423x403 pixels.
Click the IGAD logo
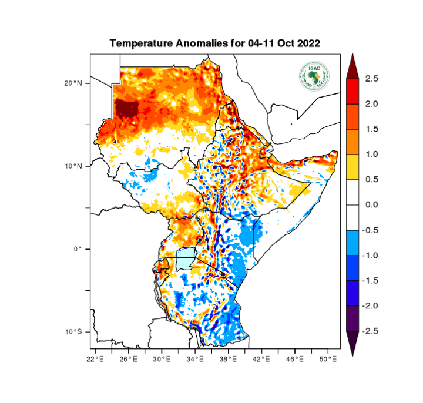tap(314, 76)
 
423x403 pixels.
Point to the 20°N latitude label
tap(73, 83)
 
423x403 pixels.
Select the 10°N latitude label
tap(73, 166)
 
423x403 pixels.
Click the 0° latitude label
tap(78, 249)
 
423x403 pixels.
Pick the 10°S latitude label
tap(73, 332)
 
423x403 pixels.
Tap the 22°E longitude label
tap(95, 359)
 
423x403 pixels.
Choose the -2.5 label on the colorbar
tap(370, 331)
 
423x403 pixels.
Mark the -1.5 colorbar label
tap(370, 281)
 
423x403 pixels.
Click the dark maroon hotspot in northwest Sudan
tap(127, 108)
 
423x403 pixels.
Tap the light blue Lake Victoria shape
tap(186, 258)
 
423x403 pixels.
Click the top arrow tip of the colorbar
tap(351, 55)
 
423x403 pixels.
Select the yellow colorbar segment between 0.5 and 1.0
tap(351, 167)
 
